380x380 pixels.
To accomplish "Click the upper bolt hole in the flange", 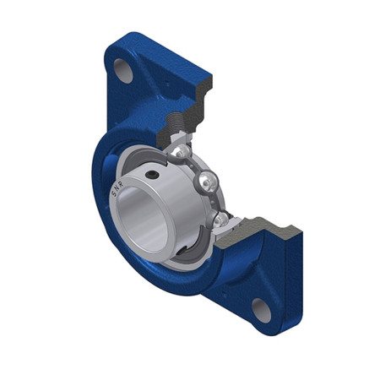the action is point(123,71).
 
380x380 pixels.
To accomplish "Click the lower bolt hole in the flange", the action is point(261,311).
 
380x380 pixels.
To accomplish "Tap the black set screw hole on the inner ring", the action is point(152,176).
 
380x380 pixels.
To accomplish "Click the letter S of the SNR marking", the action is point(114,194).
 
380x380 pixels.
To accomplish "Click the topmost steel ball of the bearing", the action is point(181,152).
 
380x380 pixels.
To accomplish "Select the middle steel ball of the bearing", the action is point(208,182).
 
